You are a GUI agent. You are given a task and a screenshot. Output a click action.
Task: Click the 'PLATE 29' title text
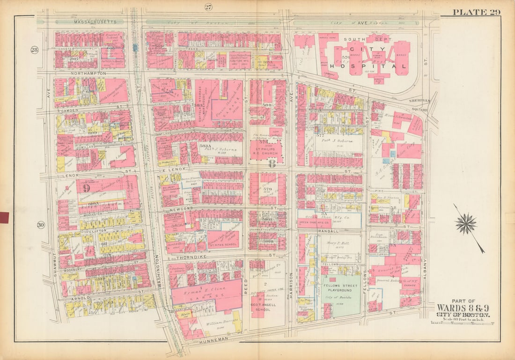coord(477,12)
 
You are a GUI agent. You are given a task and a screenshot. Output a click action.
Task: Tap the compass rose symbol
coord(466,224)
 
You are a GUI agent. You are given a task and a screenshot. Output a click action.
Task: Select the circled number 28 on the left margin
coord(34,50)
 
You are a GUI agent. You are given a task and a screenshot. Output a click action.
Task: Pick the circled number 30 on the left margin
coord(41,225)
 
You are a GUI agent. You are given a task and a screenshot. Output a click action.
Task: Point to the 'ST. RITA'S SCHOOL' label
coord(223,244)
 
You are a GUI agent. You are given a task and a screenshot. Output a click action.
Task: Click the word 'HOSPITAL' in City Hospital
coord(368,66)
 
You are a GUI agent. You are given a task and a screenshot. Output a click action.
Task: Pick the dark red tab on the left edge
coord(4,217)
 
